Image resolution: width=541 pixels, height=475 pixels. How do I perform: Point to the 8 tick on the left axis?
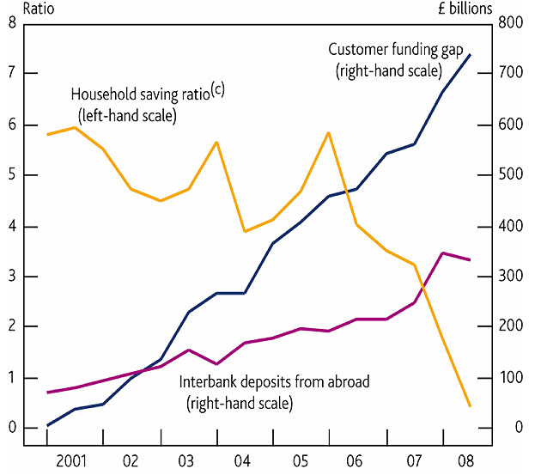(x=10, y=23)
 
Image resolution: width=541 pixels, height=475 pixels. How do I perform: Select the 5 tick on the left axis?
(x=10, y=175)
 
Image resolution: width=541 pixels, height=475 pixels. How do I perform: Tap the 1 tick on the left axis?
(x=10, y=378)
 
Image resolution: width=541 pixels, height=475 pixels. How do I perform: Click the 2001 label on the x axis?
(x=76, y=460)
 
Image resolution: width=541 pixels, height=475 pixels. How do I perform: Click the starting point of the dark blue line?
(x=47, y=425)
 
